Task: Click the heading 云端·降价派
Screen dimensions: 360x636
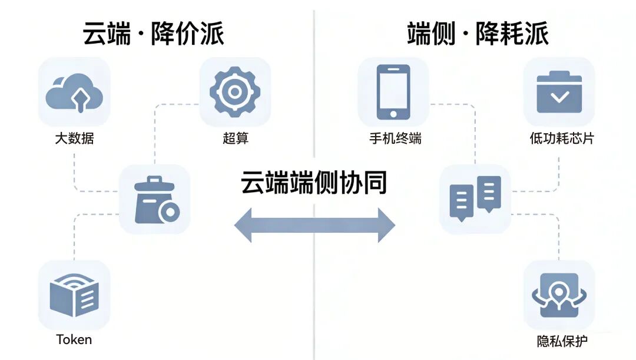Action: point(153,34)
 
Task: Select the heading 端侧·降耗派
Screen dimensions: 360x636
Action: point(478,34)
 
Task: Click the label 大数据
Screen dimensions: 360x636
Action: point(74,139)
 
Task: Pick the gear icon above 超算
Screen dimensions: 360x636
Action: point(235,92)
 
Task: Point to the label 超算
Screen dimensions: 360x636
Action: point(236,139)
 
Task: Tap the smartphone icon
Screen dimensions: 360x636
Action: point(393,92)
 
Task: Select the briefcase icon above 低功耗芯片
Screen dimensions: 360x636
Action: point(559,92)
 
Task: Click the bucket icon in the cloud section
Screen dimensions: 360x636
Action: point(154,200)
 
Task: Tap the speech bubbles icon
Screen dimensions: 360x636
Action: point(475,199)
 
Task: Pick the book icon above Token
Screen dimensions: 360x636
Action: point(74,295)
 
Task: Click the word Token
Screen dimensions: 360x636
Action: point(74,339)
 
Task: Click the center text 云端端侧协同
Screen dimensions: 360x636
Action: point(314,183)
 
